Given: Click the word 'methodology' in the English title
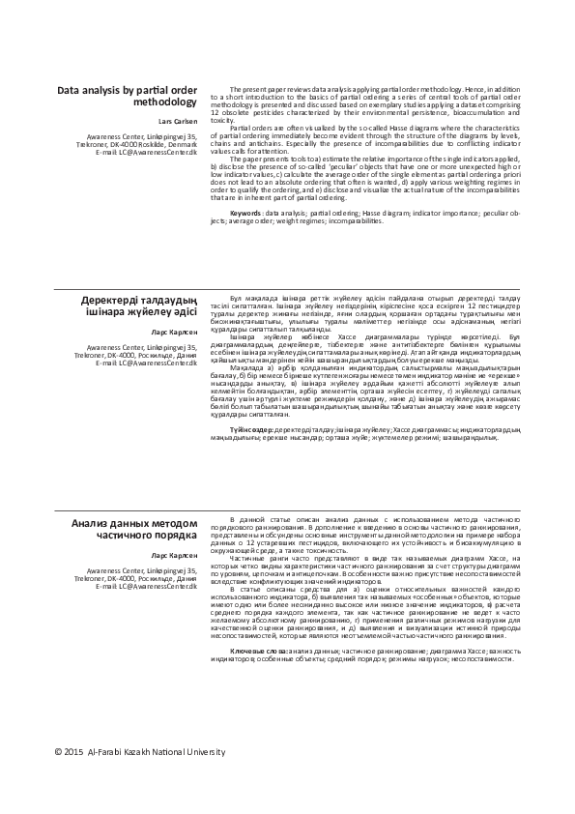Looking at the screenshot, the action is pyautogui.click(x=164, y=102).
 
